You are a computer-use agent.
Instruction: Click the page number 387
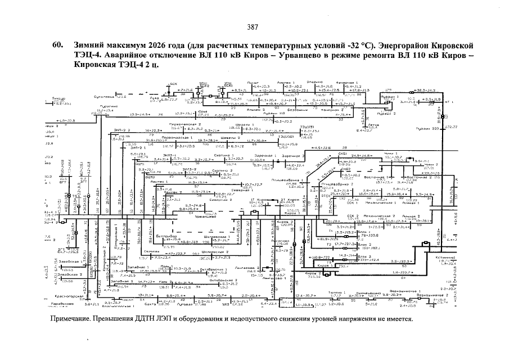tap(253, 27)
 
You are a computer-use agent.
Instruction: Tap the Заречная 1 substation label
tap(260, 155)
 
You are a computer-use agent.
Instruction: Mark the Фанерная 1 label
tap(340, 82)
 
